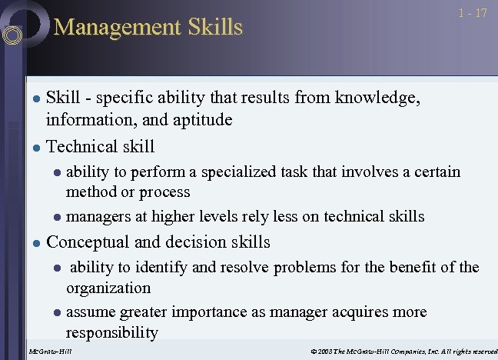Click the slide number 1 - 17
(x=473, y=13)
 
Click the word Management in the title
(x=112, y=28)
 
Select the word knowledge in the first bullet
(x=376, y=98)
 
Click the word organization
(x=108, y=288)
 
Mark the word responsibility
(x=112, y=332)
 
